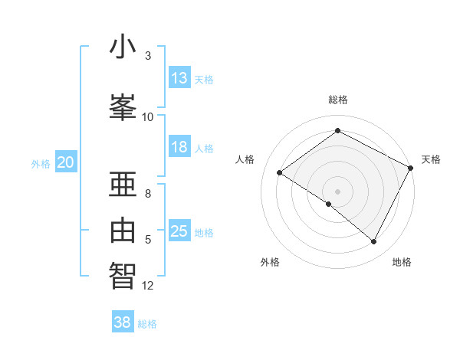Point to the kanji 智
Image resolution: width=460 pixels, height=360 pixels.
pyautogui.click(x=123, y=274)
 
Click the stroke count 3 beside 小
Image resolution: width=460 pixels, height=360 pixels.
pyautogui.click(x=147, y=56)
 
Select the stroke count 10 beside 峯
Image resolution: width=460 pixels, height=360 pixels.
pyautogui.click(x=148, y=116)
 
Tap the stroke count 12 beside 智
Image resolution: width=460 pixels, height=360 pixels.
pyautogui.click(x=148, y=286)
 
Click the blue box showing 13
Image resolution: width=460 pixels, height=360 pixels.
pyautogui.click(x=179, y=78)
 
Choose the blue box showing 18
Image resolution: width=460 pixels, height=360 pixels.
pyautogui.click(x=179, y=148)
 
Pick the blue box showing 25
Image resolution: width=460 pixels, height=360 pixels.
pyautogui.click(x=179, y=232)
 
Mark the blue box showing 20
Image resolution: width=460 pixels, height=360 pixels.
pyautogui.click(x=66, y=162)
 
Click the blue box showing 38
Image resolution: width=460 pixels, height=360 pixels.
pyautogui.click(x=123, y=323)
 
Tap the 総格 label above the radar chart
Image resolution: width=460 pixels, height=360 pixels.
pyautogui.click(x=338, y=100)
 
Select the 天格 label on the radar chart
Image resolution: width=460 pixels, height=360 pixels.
pyautogui.click(x=431, y=159)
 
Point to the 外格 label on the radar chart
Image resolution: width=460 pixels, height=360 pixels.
pyautogui.click(x=270, y=262)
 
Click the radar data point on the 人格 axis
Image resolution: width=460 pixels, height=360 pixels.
pyautogui.click(x=280, y=172)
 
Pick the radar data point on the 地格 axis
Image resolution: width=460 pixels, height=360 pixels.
pyautogui.click(x=374, y=242)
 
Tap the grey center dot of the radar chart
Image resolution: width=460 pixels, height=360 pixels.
pyautogui.click(x=338, y=191)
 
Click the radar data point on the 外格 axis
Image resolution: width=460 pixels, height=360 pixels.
pyautogui.click(x=329, y=204)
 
